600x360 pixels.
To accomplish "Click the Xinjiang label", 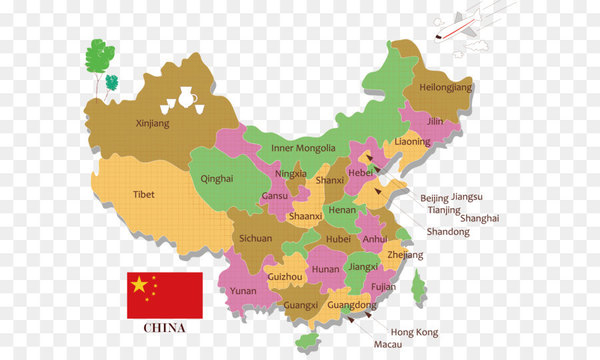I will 152,124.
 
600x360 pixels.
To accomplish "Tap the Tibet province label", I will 143,195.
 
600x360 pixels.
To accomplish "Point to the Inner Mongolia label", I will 303,148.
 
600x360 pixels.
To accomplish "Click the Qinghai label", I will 217,178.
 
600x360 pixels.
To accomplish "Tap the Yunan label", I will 243,291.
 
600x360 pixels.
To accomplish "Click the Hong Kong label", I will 413,332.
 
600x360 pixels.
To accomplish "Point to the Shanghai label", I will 481,218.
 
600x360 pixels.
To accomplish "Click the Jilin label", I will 434,121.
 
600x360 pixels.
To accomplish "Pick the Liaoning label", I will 412,142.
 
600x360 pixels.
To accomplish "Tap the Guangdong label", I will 352,305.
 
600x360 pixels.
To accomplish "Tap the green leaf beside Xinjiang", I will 100,56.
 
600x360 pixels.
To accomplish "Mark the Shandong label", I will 447,232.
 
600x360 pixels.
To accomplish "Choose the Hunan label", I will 326,269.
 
